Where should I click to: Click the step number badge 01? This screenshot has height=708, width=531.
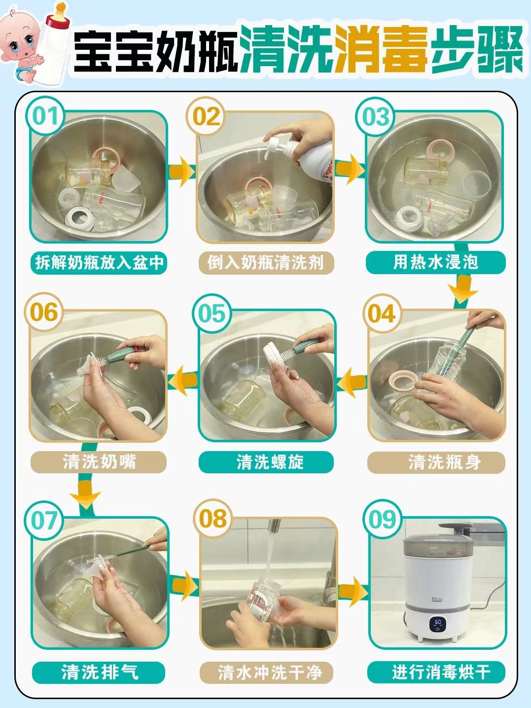click(x=46, y=117)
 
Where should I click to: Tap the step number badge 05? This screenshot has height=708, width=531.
click(x=212, y=314)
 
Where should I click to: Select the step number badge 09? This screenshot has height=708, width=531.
click(x=383, y=520)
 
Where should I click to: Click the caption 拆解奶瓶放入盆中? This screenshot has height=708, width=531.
click(x=99, y=262)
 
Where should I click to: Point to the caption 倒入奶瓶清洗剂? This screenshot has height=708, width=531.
click(x=266, y=262)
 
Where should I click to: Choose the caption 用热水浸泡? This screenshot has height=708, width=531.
click(x=436, y=262)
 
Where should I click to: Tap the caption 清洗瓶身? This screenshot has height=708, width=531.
click(x=436, y=462)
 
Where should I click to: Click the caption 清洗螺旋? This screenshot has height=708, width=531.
click(x=266, y=462)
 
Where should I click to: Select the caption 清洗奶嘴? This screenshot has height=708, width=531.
click(x=99, y=462)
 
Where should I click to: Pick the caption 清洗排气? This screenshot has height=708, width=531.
click(x=99, y=672)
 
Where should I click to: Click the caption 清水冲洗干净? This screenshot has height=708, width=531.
click(x=266, y=672)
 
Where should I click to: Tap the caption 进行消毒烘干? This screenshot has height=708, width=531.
click(x=436, y=672)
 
